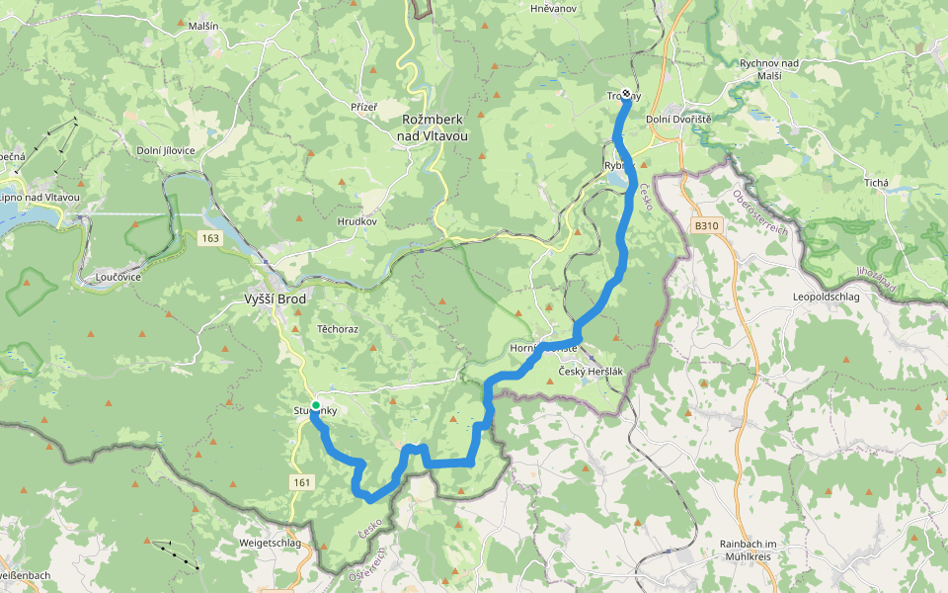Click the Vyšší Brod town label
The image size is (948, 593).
(276, 298)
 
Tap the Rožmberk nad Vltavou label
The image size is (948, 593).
(435, 127)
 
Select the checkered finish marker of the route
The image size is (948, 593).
(626, 96)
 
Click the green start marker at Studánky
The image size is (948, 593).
(315, 406)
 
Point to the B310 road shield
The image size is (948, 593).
(705, 226)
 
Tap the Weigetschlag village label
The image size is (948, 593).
(270, 544)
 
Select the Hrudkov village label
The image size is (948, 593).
(356, 221)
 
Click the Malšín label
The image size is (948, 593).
(202, 27)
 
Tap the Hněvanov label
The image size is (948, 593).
(553, 8)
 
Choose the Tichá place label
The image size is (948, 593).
(876, 183)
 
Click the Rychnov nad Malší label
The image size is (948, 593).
(773, 69)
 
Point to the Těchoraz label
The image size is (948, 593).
(337, 328)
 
